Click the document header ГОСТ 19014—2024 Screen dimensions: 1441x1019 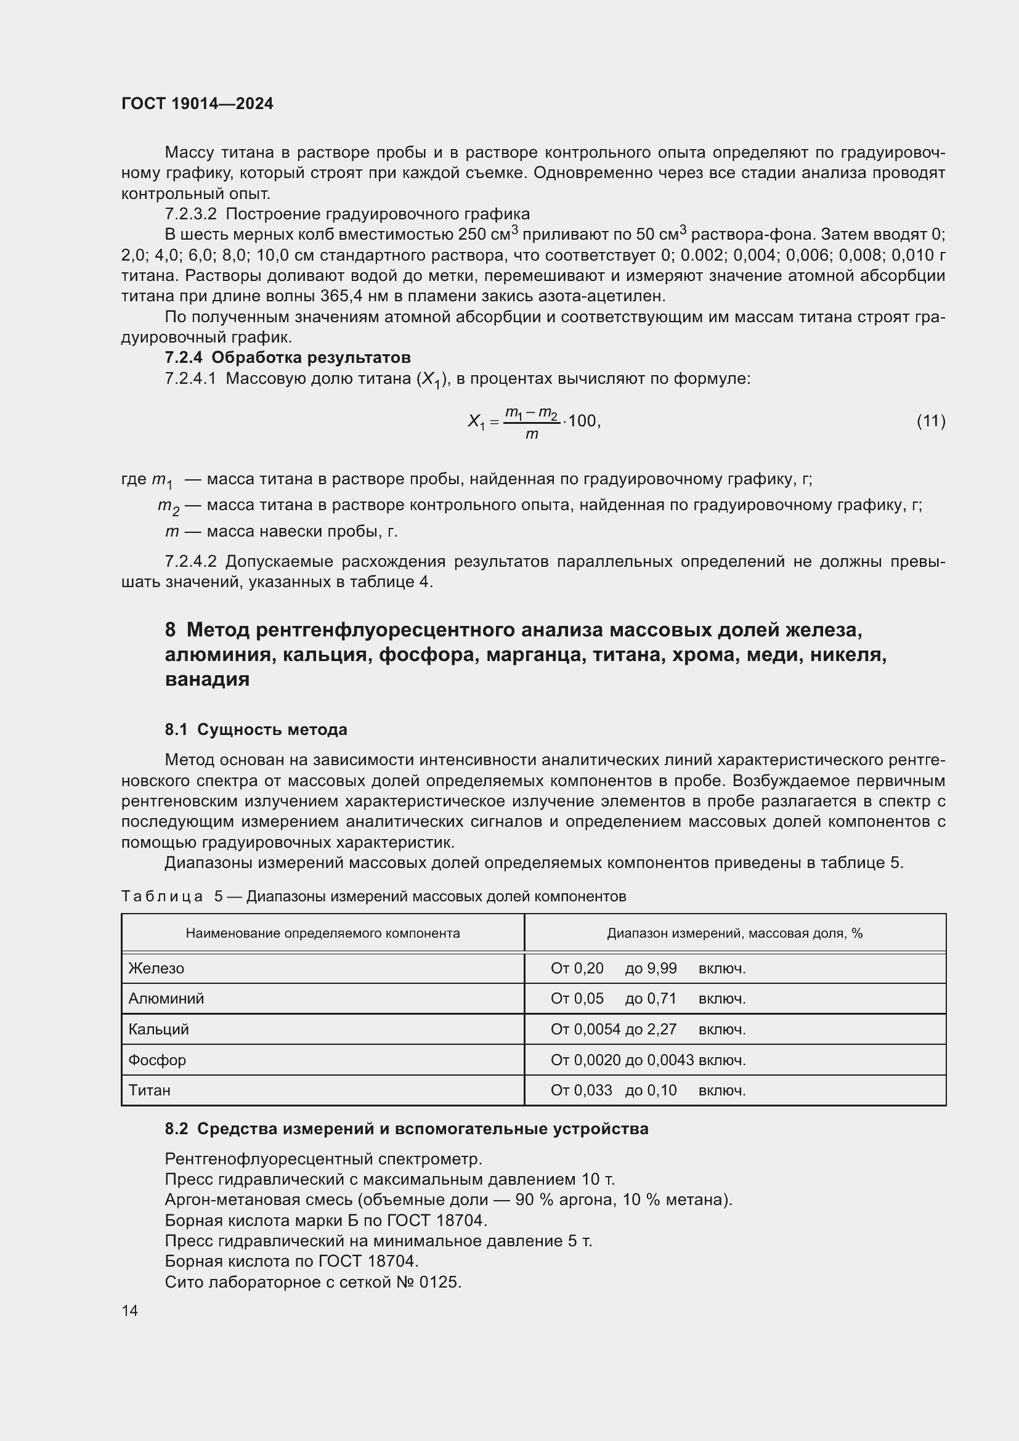(x=197, y=104)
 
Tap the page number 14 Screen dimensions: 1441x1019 (x=130, y=1310)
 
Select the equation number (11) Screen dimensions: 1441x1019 (x=930, y=421)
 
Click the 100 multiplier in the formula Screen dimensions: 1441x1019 (x=582, y=421)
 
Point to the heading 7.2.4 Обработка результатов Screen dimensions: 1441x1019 (x=287, y=358)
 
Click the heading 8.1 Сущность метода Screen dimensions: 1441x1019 (x=256, y=729)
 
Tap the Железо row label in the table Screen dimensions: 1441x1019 (x=156, y=968)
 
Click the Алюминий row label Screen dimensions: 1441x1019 (x=166, y=998)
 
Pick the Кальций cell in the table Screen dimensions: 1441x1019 (x=159, y=1029)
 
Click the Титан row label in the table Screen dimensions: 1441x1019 (x=149, y=1090)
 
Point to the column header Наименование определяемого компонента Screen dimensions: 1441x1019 (x=322, y=933)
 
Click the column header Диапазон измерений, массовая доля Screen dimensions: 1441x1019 (x=734, y=933)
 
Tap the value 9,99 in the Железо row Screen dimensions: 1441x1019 (x=661, y=968)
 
